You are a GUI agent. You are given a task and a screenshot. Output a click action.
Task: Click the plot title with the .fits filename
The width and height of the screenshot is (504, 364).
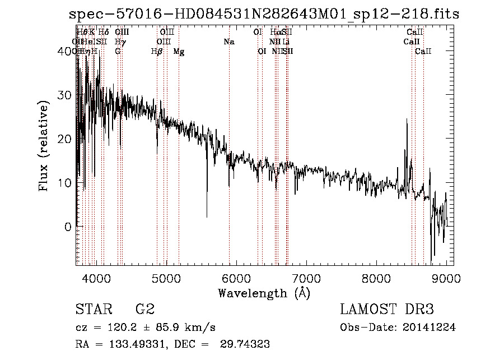(x=264, y=15)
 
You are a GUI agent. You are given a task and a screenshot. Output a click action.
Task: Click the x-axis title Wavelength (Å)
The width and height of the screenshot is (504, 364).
(x=263, y=293)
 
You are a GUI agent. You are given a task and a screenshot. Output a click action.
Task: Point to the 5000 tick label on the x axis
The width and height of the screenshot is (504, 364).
(x=166, y=278)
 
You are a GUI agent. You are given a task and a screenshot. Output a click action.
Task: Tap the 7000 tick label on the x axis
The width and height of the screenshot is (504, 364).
(x=306, y=278)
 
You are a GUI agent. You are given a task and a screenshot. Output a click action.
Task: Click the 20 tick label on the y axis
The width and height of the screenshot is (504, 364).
(x=65, y=139)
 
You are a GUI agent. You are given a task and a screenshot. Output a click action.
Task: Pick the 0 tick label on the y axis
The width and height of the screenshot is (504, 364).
(x=68, y=227)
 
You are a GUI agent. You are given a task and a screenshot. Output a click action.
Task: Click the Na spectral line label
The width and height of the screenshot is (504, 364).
(x=228, y=42)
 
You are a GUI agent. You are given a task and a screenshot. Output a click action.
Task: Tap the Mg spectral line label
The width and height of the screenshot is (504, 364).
(x=179, y=52)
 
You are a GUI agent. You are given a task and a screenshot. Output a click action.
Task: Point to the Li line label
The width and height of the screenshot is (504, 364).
(x=286, y=42)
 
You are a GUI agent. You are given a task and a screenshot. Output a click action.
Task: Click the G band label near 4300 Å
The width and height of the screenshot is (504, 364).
(x=118, y=52)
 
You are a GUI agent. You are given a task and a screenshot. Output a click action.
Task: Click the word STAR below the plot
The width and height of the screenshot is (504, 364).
(x=93, y=310)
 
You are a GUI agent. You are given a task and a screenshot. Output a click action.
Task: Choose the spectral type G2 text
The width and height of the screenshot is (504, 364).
(x=145, y=310)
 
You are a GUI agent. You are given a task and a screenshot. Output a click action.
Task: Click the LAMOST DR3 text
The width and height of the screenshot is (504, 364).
(x=387, y=310)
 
